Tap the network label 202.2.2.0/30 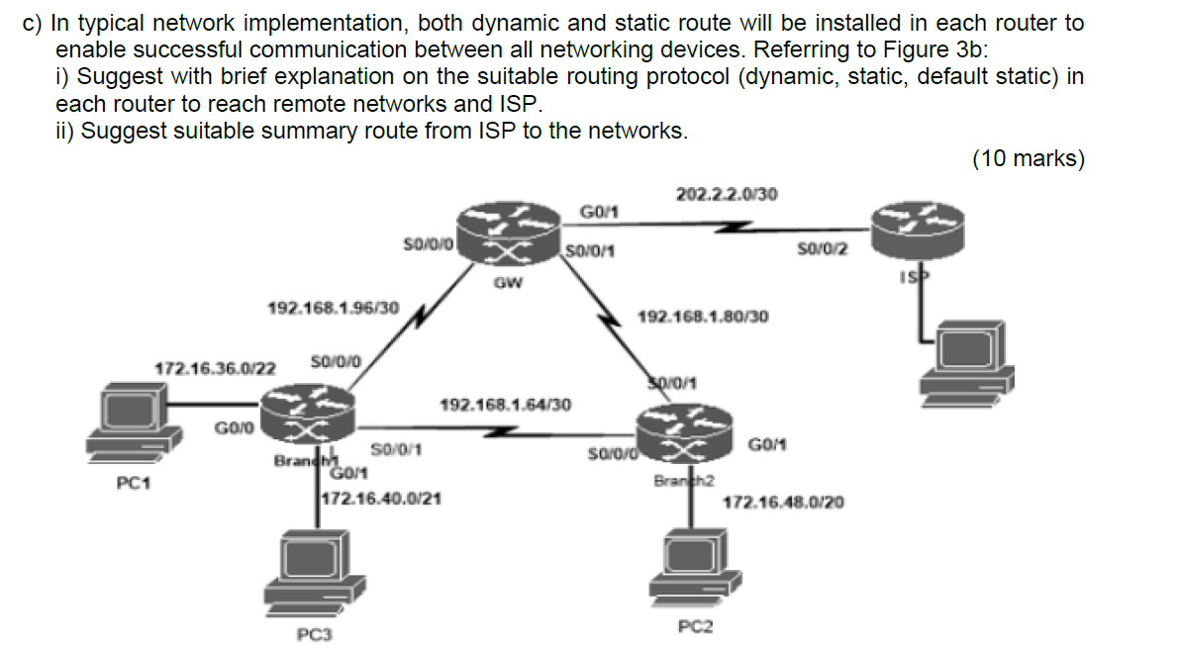pyautogui.click(x=726, y=194)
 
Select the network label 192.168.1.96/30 pyautogui.click(x=334, y=308)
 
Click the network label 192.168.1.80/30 pyautogui.click(x=703, y=317)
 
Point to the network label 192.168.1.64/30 pyautogui.click(x=504, y=405)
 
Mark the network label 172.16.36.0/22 pyautogui.click(x=216, y=368)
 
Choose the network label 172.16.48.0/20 pyautogui.click(x=783, y=503)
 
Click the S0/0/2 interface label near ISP pyautogui.click(x=822, y=248)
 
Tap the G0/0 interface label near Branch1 pyautogui.click(x=235, y=427)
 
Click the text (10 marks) pyautogui.click(x=1028, y=158)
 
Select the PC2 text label pyautogui.click(x=695, y=626)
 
